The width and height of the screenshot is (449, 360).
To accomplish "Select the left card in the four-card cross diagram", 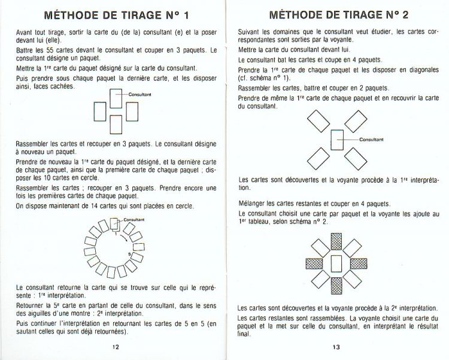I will [x=100, y=111].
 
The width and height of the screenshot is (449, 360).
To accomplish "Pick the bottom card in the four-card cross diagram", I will [x=116, y=125].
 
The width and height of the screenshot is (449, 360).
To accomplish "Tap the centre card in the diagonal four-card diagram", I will [x=337, y=139].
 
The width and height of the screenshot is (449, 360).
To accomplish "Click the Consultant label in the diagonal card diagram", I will [x=371, y=139].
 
